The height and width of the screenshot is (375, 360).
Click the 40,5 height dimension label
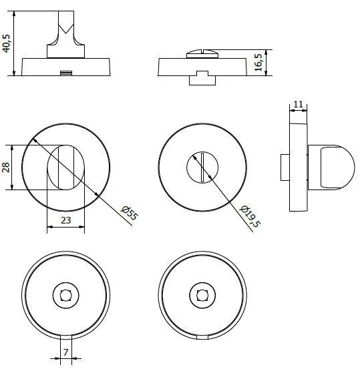7,43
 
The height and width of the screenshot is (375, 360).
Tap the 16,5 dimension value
258,63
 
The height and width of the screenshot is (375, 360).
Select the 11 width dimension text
298,105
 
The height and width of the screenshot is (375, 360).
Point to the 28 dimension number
6,167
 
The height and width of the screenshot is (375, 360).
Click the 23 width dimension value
66,220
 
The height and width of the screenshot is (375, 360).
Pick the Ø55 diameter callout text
130,213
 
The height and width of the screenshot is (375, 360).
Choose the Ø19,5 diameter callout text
250,216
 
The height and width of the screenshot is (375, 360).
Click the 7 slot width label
66,352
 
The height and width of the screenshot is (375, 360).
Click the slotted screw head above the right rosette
202,54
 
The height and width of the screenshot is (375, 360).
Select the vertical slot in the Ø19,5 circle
202,167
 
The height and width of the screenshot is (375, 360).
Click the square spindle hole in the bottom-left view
66,296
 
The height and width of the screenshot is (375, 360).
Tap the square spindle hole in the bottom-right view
202,296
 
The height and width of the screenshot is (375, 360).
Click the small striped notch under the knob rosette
66,73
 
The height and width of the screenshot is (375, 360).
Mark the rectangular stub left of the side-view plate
285,167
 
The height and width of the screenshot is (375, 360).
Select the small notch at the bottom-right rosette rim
202,337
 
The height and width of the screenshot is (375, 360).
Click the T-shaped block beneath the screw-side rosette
202,78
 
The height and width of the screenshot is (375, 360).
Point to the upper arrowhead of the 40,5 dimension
14,14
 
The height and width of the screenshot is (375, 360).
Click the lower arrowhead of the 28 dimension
12,187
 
